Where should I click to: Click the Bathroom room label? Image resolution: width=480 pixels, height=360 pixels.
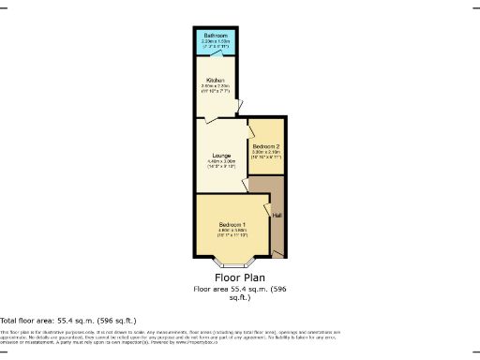[217, 36]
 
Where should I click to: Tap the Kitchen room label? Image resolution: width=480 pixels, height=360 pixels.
[217, 80]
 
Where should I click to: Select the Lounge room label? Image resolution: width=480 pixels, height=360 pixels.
[221, 155]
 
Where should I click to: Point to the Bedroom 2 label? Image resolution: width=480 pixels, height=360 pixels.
[265, 146]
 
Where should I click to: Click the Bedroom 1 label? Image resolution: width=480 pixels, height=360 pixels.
[232, 225]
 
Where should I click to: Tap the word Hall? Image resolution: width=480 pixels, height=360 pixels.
[276, 217]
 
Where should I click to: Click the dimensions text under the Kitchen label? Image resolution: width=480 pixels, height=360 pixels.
[217, 87]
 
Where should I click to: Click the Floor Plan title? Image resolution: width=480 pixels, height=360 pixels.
[239, 278]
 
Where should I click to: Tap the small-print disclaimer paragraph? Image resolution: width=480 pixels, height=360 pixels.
[169, 337]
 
